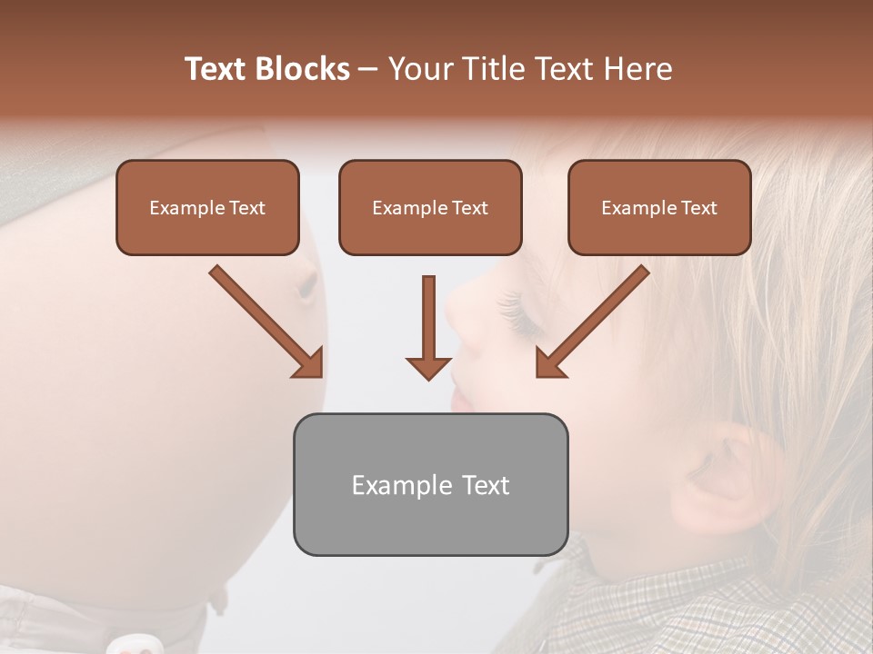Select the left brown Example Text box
[207, 207]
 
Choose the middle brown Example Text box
[430, 207]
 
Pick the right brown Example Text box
[659, 207]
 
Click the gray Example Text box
[430, 484]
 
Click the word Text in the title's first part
[218, 69]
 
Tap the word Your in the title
[419, 69]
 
